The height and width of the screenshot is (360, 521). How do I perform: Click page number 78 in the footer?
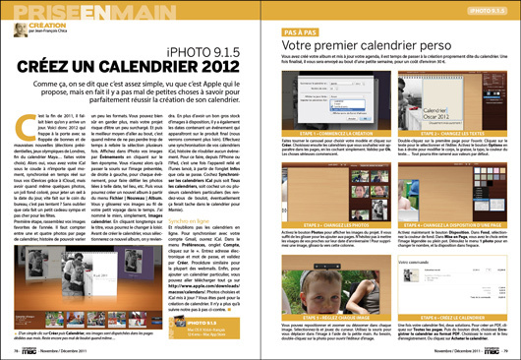tap(11, 348)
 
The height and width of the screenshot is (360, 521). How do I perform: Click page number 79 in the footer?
tap(510, 348)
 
